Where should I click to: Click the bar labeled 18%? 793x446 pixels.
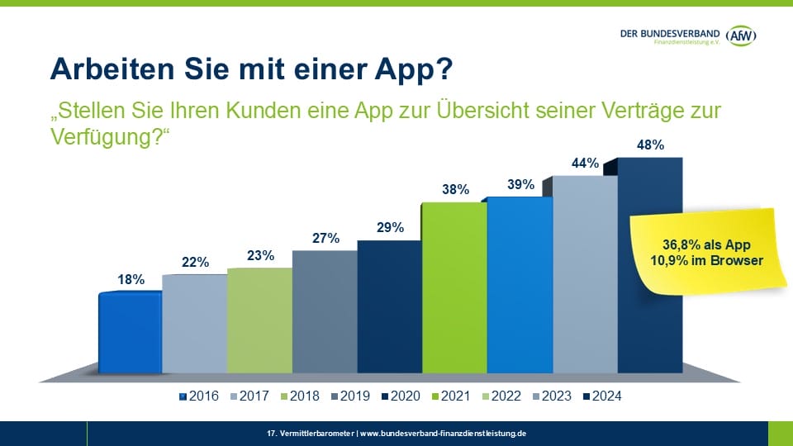(x=130, y=331)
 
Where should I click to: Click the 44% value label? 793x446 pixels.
(x=585, y=163)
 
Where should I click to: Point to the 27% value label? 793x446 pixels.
(x=325, y=238)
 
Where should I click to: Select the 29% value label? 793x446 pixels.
(x=391, y=227)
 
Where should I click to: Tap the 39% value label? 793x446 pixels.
(x=520, y=185)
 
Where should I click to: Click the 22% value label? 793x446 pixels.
(x=195, y=262)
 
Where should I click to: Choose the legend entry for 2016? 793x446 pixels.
(x=199, y=396)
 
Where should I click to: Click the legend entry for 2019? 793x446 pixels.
(x=351, y=396)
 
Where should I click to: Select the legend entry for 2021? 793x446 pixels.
(x=452, y=396)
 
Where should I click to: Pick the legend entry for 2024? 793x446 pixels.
(x=602, y=396)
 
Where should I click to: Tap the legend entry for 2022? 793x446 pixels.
(x=502, y=396)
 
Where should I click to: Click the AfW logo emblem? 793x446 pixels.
(x=743, y=35)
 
